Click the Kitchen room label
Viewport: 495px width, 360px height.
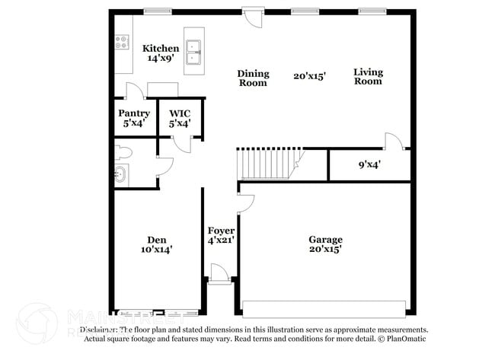click(161, 49)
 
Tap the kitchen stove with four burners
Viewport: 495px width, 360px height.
click(122, 43)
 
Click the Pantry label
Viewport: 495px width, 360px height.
click(133, 113)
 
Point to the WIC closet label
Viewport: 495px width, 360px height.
click(180, 113)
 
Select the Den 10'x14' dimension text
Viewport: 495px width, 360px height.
click(156, 249)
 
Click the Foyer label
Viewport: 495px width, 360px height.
click(221, 231)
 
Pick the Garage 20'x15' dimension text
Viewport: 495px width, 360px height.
click(325, 249)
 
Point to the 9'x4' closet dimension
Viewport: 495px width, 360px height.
click(369, 164)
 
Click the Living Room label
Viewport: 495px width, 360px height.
click(368, 77)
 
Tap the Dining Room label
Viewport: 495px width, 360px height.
click(253, 78)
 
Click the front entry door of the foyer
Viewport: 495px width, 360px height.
click(219, 275)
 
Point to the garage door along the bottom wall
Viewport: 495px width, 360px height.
click(324, 308)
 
